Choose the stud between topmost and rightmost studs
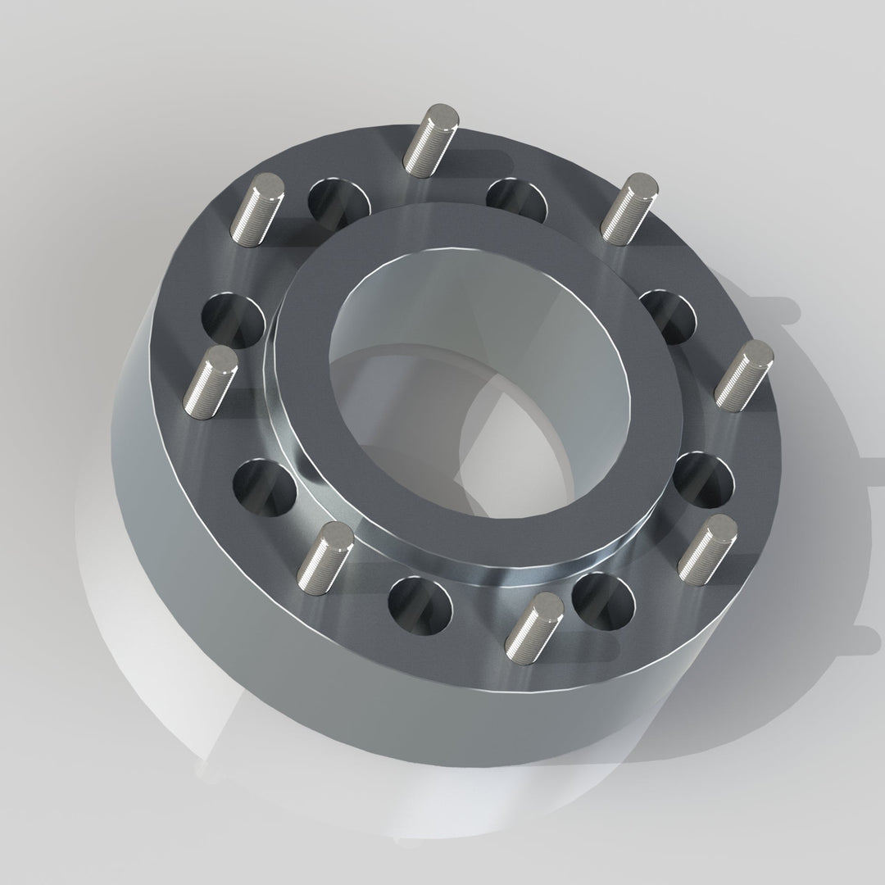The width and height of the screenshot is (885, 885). tap(631, 208)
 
